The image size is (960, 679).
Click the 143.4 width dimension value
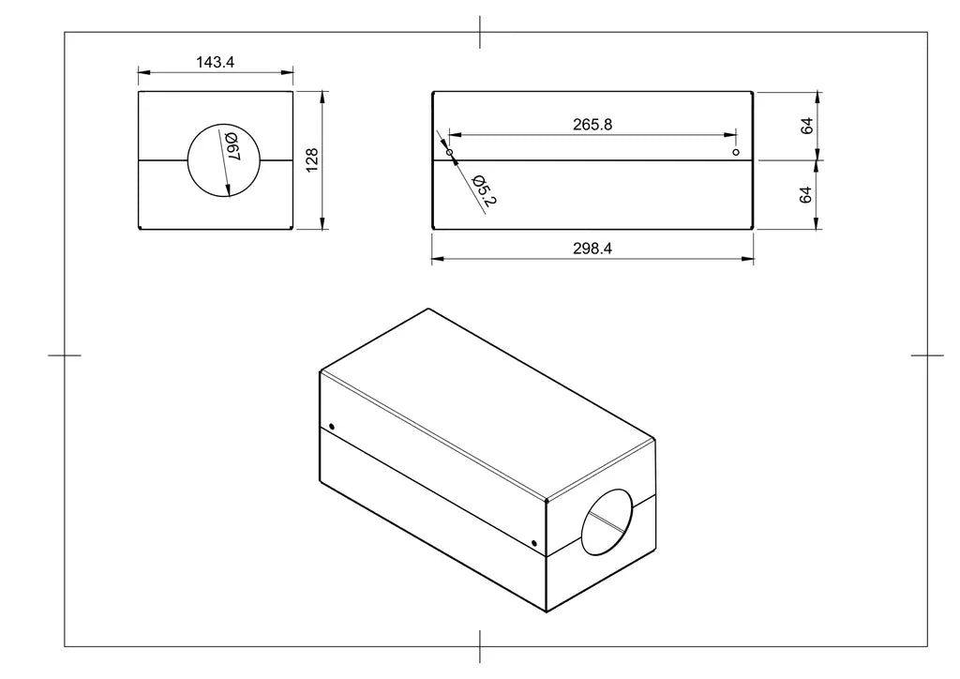click(215, 62)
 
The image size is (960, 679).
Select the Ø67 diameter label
click(233, 147)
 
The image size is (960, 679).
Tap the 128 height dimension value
click(313, 159)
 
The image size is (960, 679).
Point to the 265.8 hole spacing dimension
click(592, 124)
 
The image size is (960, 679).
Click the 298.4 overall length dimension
click(592, 249)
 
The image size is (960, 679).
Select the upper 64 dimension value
click(806, 126)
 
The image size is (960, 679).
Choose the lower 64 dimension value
click(806, 195)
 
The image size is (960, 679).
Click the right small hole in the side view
click(735, 152)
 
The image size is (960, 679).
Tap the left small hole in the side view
click(449, 152)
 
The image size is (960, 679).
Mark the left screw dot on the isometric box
click(331, 427)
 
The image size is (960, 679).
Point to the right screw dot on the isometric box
click(533, 542)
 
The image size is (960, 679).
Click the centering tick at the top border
click(480, 32)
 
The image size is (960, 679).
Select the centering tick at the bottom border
click(480, 646)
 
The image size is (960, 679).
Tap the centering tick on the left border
click(64, 355)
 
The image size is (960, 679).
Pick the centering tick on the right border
click(927, 355)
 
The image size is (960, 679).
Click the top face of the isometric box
click(487, 403)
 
